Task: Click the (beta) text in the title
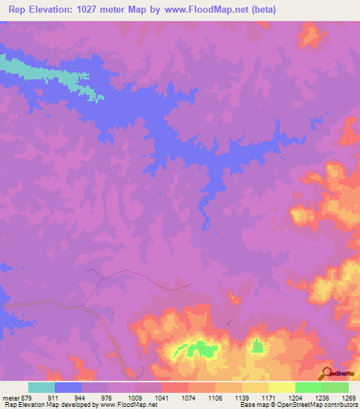(x=260, y=10)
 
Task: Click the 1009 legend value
(x=136, y=397)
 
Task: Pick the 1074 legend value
(x=188, y=397)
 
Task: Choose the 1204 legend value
(x=295, y=397)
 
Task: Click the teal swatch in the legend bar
(x=41, y=387)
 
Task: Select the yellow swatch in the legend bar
(x=282, y=387)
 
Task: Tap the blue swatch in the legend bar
(x=68, y=387)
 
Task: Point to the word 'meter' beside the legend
(x=9, y=397)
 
